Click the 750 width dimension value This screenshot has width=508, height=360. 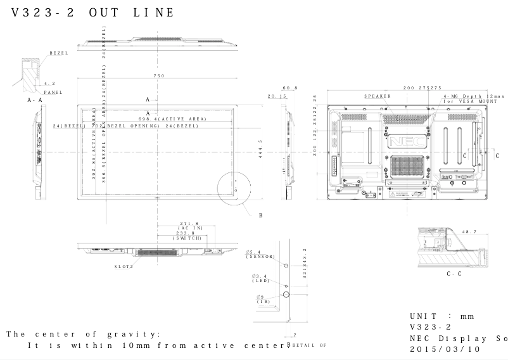[x=159, y=76]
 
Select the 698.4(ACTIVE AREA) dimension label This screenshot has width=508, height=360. [x=173, y=119]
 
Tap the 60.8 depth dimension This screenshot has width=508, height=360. [x=290, y=88]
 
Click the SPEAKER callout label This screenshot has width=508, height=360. [x=377, y=96]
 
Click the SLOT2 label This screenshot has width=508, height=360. [x=124, y=266]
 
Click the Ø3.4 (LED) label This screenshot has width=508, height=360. [x=260, y=278]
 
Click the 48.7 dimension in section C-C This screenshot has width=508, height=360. [x=469, y=232]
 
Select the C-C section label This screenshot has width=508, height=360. [x=454, y=274]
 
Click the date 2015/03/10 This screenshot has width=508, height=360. [x=445, y=349]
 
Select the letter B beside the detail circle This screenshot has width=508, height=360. [x=260, y=215]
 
